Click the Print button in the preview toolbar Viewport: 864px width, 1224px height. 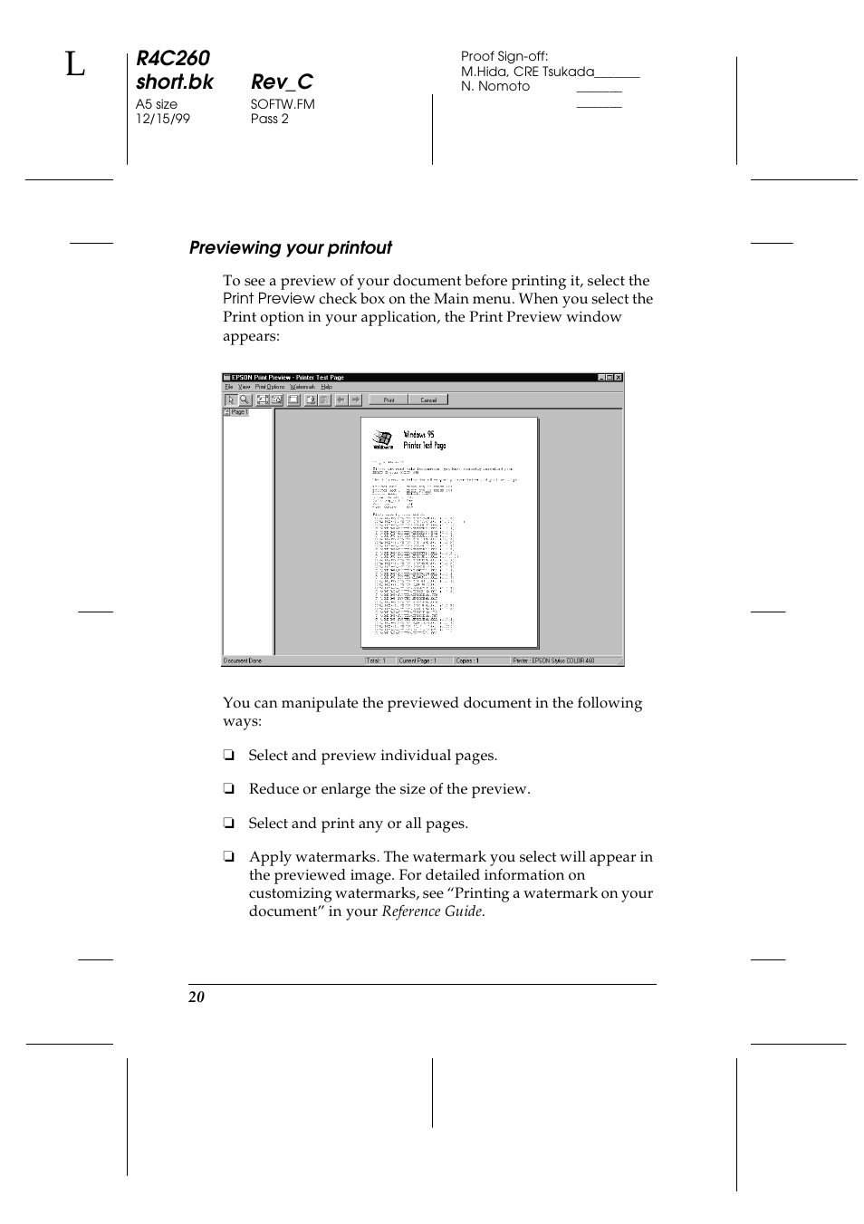click(x=389, y=400)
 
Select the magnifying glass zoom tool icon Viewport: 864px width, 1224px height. click(x=245, y=400)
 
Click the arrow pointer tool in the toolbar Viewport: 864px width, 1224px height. click(x=231, y=400)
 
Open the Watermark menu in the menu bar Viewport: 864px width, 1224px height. click(x=302, y=387)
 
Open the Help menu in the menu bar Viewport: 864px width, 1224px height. click(x=327, y=387)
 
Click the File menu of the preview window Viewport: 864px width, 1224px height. click(x=229, y=387)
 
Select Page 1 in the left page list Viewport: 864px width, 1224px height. click(x=236, y=412)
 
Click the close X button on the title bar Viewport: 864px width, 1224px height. click(x=619, y=378)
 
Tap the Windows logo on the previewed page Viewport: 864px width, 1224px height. click(x=382, y=441)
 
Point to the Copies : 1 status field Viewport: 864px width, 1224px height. click(x=468, y=661)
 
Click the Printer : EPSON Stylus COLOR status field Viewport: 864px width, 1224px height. click(x=553, y=661)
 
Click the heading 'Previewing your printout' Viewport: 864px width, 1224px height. click(x=291, y=248)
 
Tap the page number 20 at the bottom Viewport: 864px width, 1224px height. click(x=197, y=998)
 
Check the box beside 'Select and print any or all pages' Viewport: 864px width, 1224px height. click(x=229, y=824)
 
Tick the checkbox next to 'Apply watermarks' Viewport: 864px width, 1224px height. click(x=229, y=857)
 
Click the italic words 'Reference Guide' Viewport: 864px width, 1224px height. click(x=432, y=911)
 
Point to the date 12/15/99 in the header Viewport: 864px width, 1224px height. click(x=163, y=119)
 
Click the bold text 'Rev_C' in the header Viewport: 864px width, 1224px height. click(x=282, y=82)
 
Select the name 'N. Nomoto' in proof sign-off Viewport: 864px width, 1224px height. click(x=495, y=86)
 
